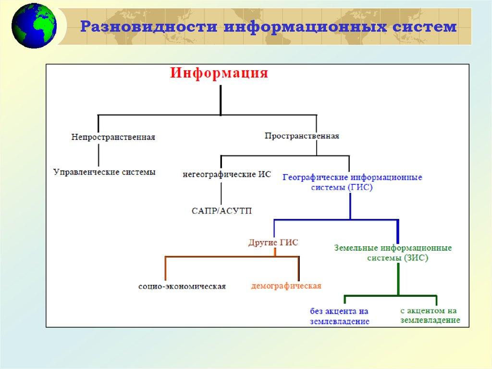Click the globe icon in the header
tap(34, 26)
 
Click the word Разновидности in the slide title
tap(149, 26)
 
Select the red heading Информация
tap(219, 74)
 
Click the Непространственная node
tap(113, 137)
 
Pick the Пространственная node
tap(302, 136)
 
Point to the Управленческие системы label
tap(104, 172)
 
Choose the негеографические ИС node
tap(227, 174)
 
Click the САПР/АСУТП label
tap(221, 211)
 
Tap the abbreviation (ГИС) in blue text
tap(360, 187)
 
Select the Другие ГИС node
tap(273, 242)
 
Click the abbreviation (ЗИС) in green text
tap(416, 258)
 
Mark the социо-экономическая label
tap(182, 286)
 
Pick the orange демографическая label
tap(286, 286)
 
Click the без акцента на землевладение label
tap(340, 316)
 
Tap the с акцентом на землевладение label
tap(430, 316)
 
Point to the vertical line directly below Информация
tap(221, 100)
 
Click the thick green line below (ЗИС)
tap(398, 280)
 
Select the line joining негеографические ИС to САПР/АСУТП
tap(221, 193)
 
